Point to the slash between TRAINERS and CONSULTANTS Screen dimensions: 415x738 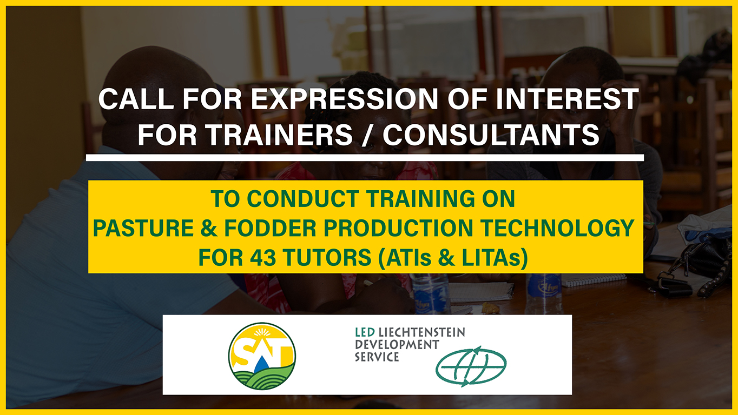pyautogui.click(x=365, y=135)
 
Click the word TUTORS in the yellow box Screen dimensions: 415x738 pyautogui.click(x=325, y=258)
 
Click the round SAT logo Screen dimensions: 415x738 pyautogui.click(x=262, y=356)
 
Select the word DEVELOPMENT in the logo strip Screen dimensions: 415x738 pyautogui.click(x=397, y=344)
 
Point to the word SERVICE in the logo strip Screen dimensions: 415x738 pyautogui.click(x=377, y=357)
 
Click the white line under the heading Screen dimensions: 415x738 pyautogui.click(x=365, y=158)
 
